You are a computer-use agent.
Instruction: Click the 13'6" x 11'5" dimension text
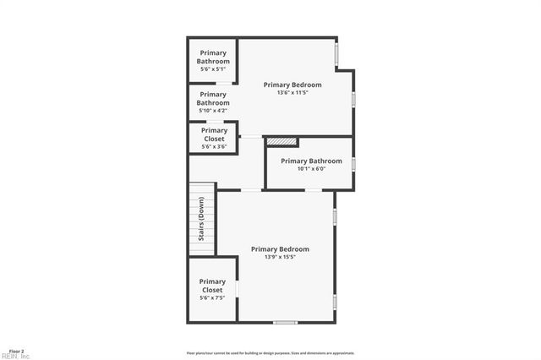[x=292, y=93]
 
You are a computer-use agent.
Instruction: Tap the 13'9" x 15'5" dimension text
[x=280, y=257]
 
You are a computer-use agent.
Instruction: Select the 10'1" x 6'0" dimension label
[x=311, y=169]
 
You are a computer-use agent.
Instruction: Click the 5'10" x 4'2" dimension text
[x=213, y=111]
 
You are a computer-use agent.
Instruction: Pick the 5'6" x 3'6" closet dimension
[x=213, y=146]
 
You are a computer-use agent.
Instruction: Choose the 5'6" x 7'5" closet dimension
[x=212, y=298]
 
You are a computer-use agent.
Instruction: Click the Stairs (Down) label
[x=201, y=219]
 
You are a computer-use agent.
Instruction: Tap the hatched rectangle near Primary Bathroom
[x=282, y=142]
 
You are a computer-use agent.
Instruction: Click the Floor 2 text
[x=16, y=350]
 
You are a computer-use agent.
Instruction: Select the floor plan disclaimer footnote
[x=270, y=353]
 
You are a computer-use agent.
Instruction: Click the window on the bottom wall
[x=285, y=322]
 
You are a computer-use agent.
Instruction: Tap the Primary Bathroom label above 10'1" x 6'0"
[x=311, y=161]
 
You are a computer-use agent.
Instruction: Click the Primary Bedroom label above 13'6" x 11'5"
[x=292, y=85]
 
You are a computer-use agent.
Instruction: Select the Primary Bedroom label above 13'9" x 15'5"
[x=280, y=248]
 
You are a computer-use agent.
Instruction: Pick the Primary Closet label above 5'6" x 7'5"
[x=212, y=286]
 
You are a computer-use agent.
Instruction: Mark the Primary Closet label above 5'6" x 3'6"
[x=213, y=134]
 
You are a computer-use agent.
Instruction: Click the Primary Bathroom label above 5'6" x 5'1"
[x=213, y=57]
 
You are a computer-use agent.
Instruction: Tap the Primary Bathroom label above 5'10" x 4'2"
[x=213, y=99]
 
